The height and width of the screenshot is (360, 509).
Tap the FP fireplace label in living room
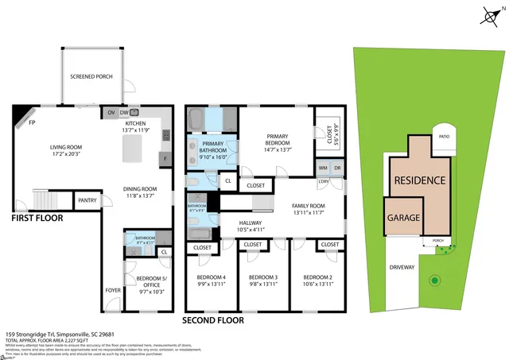pyautogui.click(x=32, y=123)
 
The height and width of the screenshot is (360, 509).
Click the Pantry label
pyautogui.click(x=87, y=201)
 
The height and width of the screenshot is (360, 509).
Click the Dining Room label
pyautogui.click(x=138, y=192)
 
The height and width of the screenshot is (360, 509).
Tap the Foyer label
pyautogui.click(x=113, y=290)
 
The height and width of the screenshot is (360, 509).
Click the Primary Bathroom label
pyautogui.click(x=207, y=151)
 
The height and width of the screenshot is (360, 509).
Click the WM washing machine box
pyautogui.click(x=322, y=168)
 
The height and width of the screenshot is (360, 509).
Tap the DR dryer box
pyautogui.click(x=337, y=168)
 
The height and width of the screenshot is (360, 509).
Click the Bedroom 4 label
pyautogui.click(x=212, y=281)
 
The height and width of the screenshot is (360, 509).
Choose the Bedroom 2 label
pyautogui.click(x=317, y=281)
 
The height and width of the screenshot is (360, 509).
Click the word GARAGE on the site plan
pyautogui.click(x=404, y=217)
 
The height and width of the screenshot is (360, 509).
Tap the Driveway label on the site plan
pyautogui.click(x=402, y=267)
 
